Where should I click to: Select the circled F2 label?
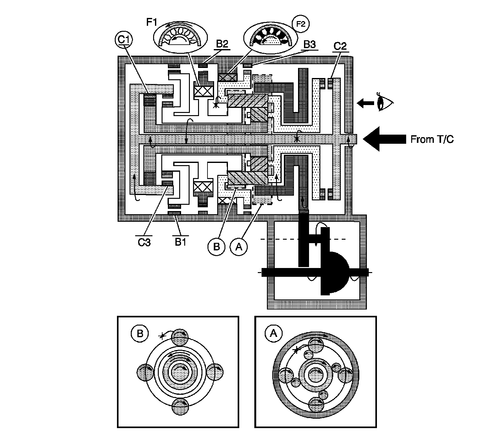coord(301,24)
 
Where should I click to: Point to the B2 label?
coord(222,44)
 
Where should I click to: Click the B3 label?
coord(309,45)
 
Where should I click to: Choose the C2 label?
coord(340,46)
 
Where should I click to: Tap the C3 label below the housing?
coord(144,242)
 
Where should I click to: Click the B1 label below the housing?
coord(180,242)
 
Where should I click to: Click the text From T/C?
coord(432,139)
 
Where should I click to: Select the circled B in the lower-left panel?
coord(140,334)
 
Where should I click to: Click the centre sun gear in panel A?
coord(316,375)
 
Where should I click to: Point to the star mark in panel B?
coord(162,336)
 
